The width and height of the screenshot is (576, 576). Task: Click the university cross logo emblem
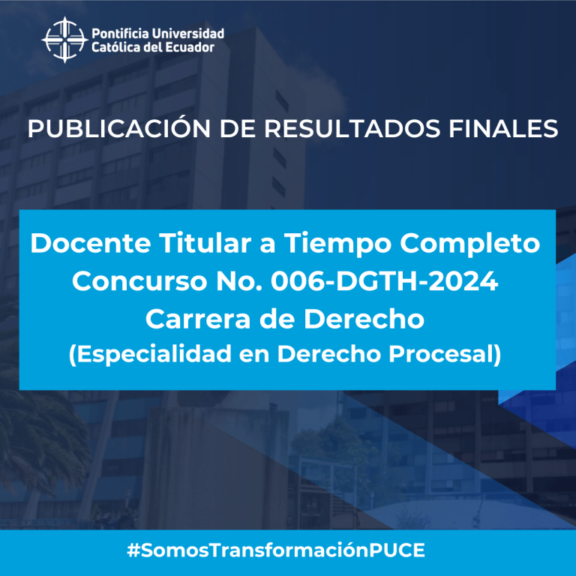(x=64, y=40)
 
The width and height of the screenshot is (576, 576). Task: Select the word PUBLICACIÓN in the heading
(x=119, y=128)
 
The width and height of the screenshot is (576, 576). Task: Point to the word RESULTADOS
(x=352, y=128)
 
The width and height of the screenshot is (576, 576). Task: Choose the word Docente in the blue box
(x=91, y=243)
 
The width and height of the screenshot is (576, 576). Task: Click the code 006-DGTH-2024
(x=384, y=281)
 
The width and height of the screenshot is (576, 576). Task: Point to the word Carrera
(x=198, y=319)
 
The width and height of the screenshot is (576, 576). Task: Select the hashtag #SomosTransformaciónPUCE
(x=276, y=550)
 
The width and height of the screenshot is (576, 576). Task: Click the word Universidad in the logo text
(x=188, y=34)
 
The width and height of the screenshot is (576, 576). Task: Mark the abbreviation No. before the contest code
(x=239, y=281)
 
